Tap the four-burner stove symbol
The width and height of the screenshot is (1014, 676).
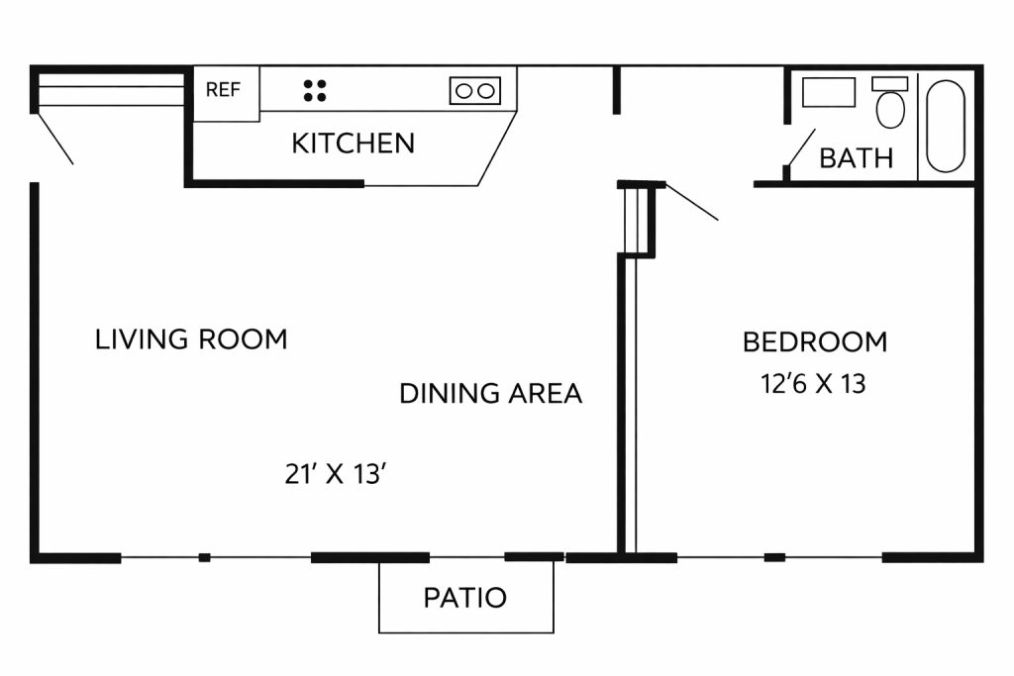click(x=315, y=90)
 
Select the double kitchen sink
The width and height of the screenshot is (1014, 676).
click(x=475, y=91)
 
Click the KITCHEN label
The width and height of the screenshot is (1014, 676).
click(x=354, y=144)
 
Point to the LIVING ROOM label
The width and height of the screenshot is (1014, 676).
click(x=191, y=339)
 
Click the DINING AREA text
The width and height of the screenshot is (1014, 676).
click(x=491, y=394)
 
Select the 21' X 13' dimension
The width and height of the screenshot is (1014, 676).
click(x=336, y=474)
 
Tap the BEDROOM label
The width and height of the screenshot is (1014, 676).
click(x=815, y=341)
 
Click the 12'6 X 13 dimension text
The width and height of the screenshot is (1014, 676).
click(x=814, y=384)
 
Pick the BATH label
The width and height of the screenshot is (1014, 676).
click(x=857, y=158)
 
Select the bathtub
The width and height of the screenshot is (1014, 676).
click(x=946, y=126)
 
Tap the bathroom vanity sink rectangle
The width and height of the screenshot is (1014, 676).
click(x=829, y=92)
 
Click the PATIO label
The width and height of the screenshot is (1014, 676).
click(x=465, y=598)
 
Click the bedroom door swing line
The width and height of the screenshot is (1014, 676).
click(x=692, y=202)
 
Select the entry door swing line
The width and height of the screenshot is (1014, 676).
click(x=55, y=139)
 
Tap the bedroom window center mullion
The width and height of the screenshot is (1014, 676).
click(x=774, y=557)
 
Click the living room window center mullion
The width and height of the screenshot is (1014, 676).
click(x=204, y=557)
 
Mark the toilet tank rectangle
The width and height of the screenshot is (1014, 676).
click(x=890, y=83)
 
